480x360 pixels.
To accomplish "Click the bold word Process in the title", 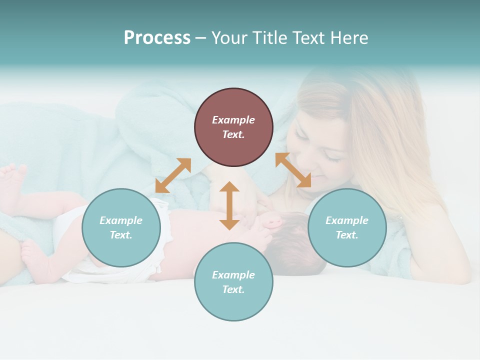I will [157, 38].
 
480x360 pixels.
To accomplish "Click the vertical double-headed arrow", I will [229, 205].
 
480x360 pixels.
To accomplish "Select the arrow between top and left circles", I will [173, 175].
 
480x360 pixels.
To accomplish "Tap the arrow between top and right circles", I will [293, 170].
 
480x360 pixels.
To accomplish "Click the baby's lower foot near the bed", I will [32, 252].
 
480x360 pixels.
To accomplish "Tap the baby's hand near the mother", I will [272, 220].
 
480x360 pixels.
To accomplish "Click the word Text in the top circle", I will [233, 134].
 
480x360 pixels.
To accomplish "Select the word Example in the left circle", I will [121, 220].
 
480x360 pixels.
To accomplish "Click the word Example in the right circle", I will [347, 220].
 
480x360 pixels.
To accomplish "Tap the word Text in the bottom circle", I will [233, 289].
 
